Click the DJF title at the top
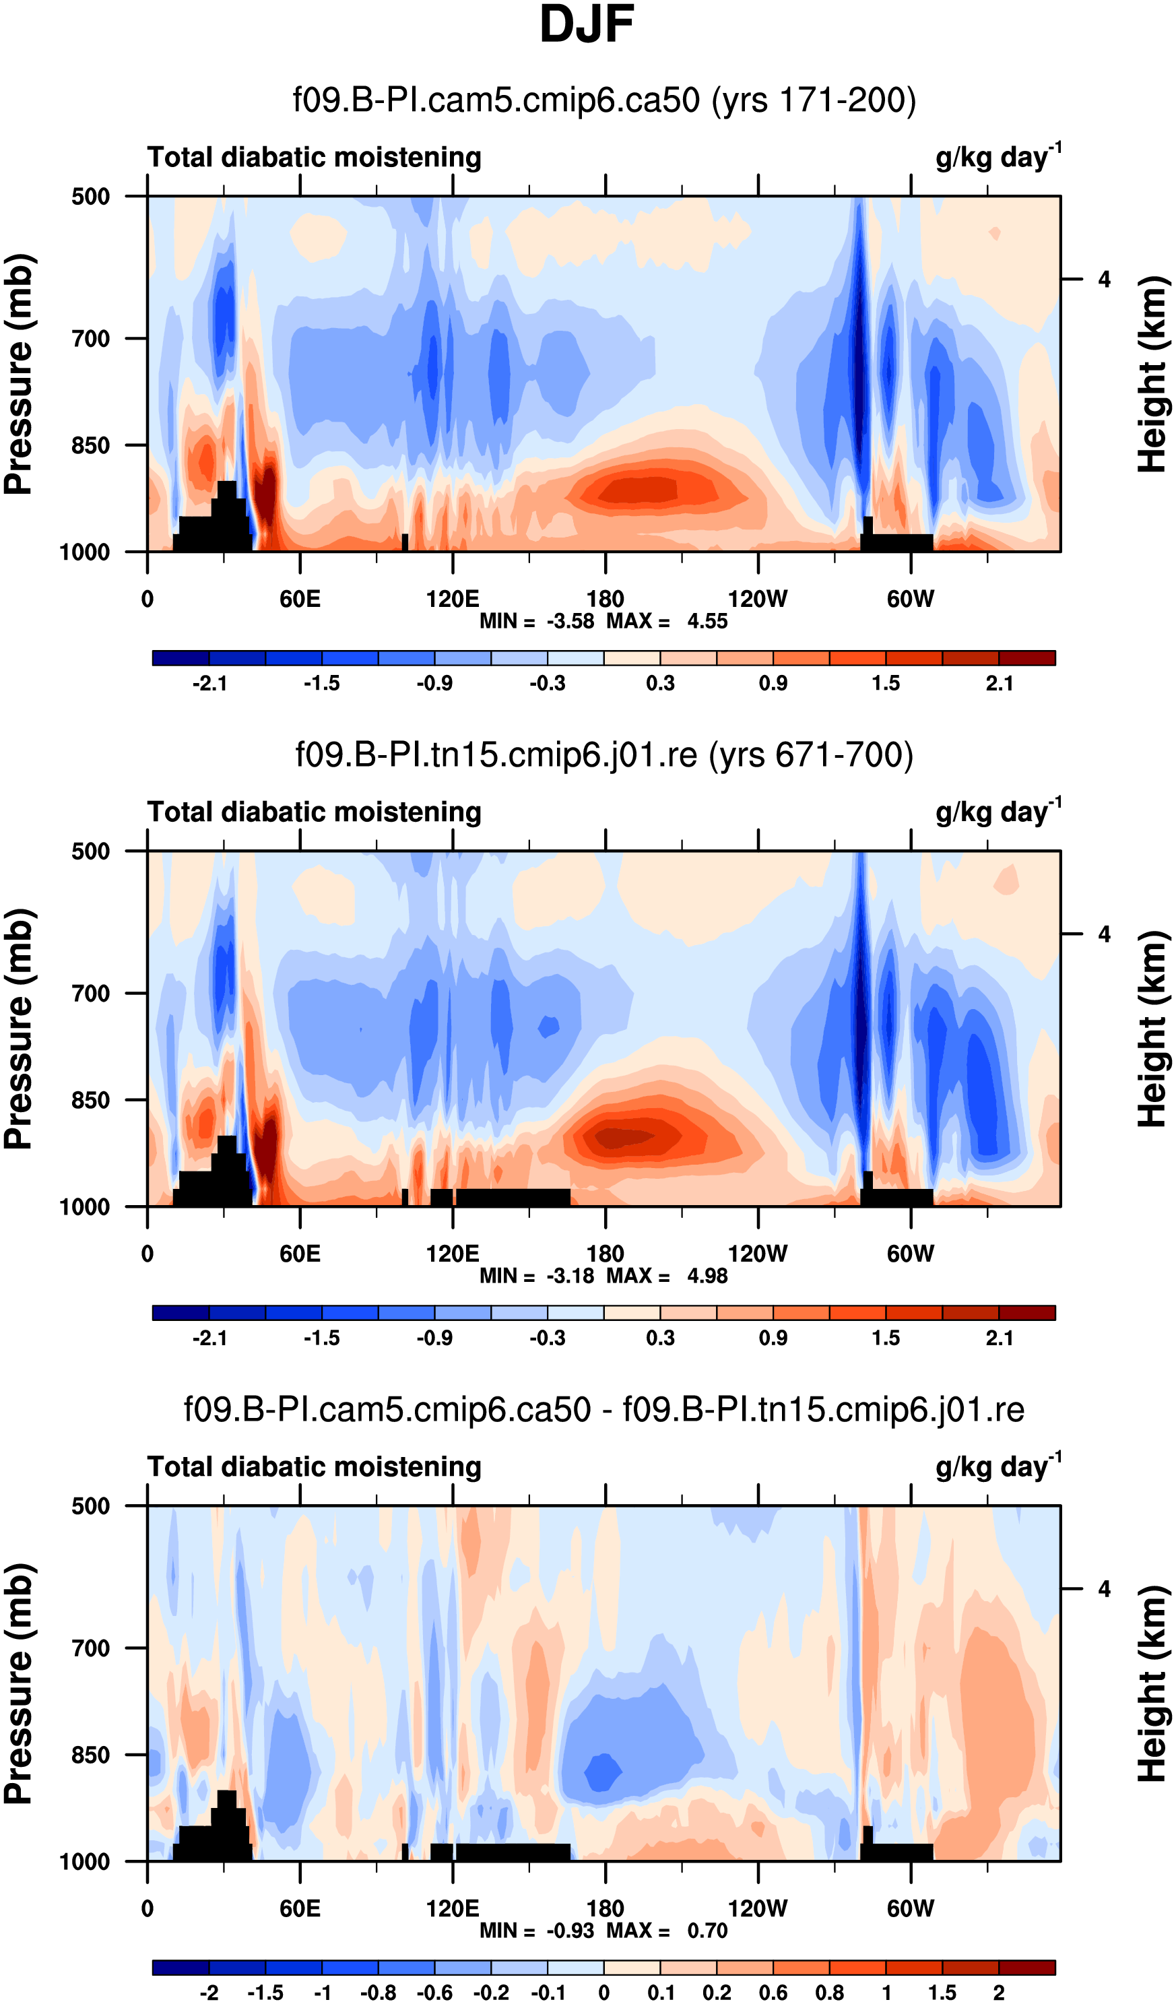(587, 26)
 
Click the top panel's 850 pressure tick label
(91, 445)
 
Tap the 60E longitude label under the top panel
(300, 599)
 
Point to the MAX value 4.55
(707, 621)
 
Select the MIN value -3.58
(570, 621)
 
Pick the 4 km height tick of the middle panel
(1104, 934)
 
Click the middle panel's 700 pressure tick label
(91, 994)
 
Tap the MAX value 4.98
(707, 1276)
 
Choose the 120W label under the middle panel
(757, 1254)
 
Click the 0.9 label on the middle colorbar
(773, 1338)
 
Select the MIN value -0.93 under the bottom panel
(570, 1931)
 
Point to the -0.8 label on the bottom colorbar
(378, 1993)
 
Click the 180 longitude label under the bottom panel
(605, 1908)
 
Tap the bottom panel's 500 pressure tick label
(91, 1506)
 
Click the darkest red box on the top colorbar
(1026, 657)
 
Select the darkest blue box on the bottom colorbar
(181, 1968)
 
